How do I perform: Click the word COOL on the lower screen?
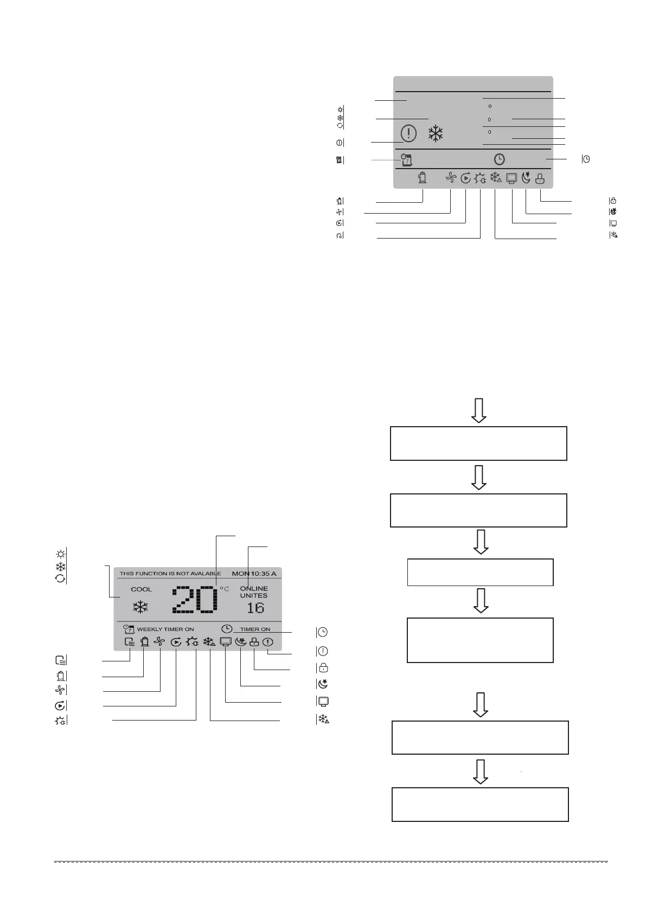coord(142,589)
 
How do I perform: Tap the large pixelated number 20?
coord(194,600)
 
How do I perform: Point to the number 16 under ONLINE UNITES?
coord(255,608)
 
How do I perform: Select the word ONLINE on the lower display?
coord(254,589)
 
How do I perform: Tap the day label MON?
coord(241,573)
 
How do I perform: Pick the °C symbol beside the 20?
coord(224,589)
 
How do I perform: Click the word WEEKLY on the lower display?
coord(149,629)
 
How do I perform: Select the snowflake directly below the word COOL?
coord(140,607)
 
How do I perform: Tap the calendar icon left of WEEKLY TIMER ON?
coord(129,629)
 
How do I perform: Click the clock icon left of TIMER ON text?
coord(227,629)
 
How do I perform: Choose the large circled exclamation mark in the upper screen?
coord(408,133)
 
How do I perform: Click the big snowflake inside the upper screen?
coord(436,133)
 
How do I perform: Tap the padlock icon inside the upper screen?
coord(540,178)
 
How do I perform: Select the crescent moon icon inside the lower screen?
coord(241,642)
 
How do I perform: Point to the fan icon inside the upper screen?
coord(451,177)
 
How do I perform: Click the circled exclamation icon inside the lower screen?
coord(268,642)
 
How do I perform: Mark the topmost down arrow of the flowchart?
coord(478,411)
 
